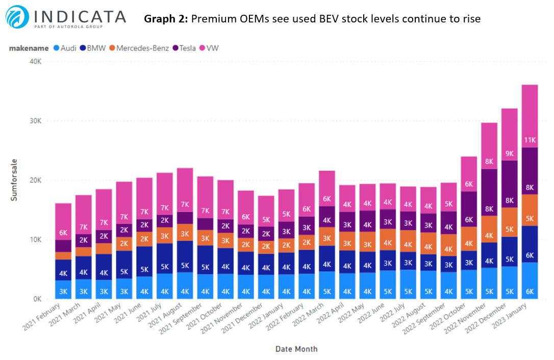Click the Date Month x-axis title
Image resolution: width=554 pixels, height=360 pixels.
(x=296, y=349)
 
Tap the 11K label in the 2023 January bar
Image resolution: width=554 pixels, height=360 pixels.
(x=530, y=140)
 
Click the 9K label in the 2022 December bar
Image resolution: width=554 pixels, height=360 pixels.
(x=509, y=153)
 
